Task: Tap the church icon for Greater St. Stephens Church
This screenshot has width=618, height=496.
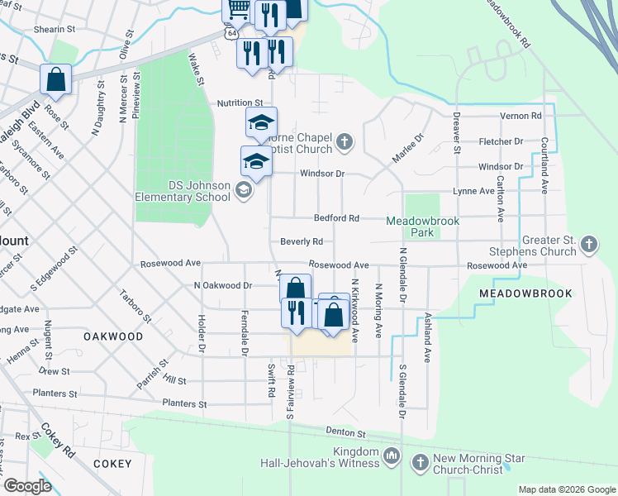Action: tap(588, 244)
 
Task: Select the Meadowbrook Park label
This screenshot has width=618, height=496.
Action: tap(422, 227)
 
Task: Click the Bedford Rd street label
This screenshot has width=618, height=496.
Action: tap(336, 218)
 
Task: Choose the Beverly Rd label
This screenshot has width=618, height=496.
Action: tap(301, 242)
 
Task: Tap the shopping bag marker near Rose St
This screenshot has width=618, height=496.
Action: tap(55, 80)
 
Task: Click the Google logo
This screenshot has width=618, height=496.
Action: tap(27, 486)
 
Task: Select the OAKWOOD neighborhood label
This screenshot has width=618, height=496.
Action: tap(113, 337)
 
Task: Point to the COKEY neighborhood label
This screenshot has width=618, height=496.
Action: tap(113, 464)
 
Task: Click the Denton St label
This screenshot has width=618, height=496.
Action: tap(345, 432)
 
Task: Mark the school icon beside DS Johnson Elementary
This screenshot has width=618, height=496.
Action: tap(244, 191)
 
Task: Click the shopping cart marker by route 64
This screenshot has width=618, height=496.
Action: tap(238, 10)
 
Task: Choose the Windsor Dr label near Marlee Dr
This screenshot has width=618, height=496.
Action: tap(321, 174)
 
